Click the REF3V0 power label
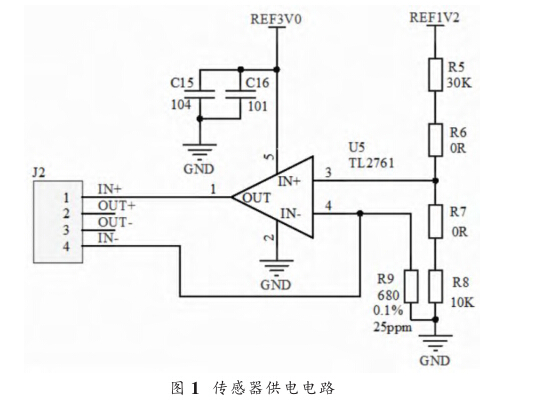click(276, 19)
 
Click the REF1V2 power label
click(434, 17)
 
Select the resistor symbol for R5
click(435, 75)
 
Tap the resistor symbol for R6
click(435, 140)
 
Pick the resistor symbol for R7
click(435, 221)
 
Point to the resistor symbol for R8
click(435, 286)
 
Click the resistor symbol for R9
click(411, 286)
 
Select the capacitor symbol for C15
click(200, 95)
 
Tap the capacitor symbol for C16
click(240, 95)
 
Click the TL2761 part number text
click(372, 163)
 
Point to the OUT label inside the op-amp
click(257, 198)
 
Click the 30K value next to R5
click(459, 83)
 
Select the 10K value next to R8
click(463, 302)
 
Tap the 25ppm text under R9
click(393, 327)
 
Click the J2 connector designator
click(39, 172)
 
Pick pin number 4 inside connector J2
click(66, 247)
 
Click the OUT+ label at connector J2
click(116, 206)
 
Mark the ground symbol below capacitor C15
click(200, 150)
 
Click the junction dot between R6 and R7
click(435, 180)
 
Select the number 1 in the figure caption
click(195, 388)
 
